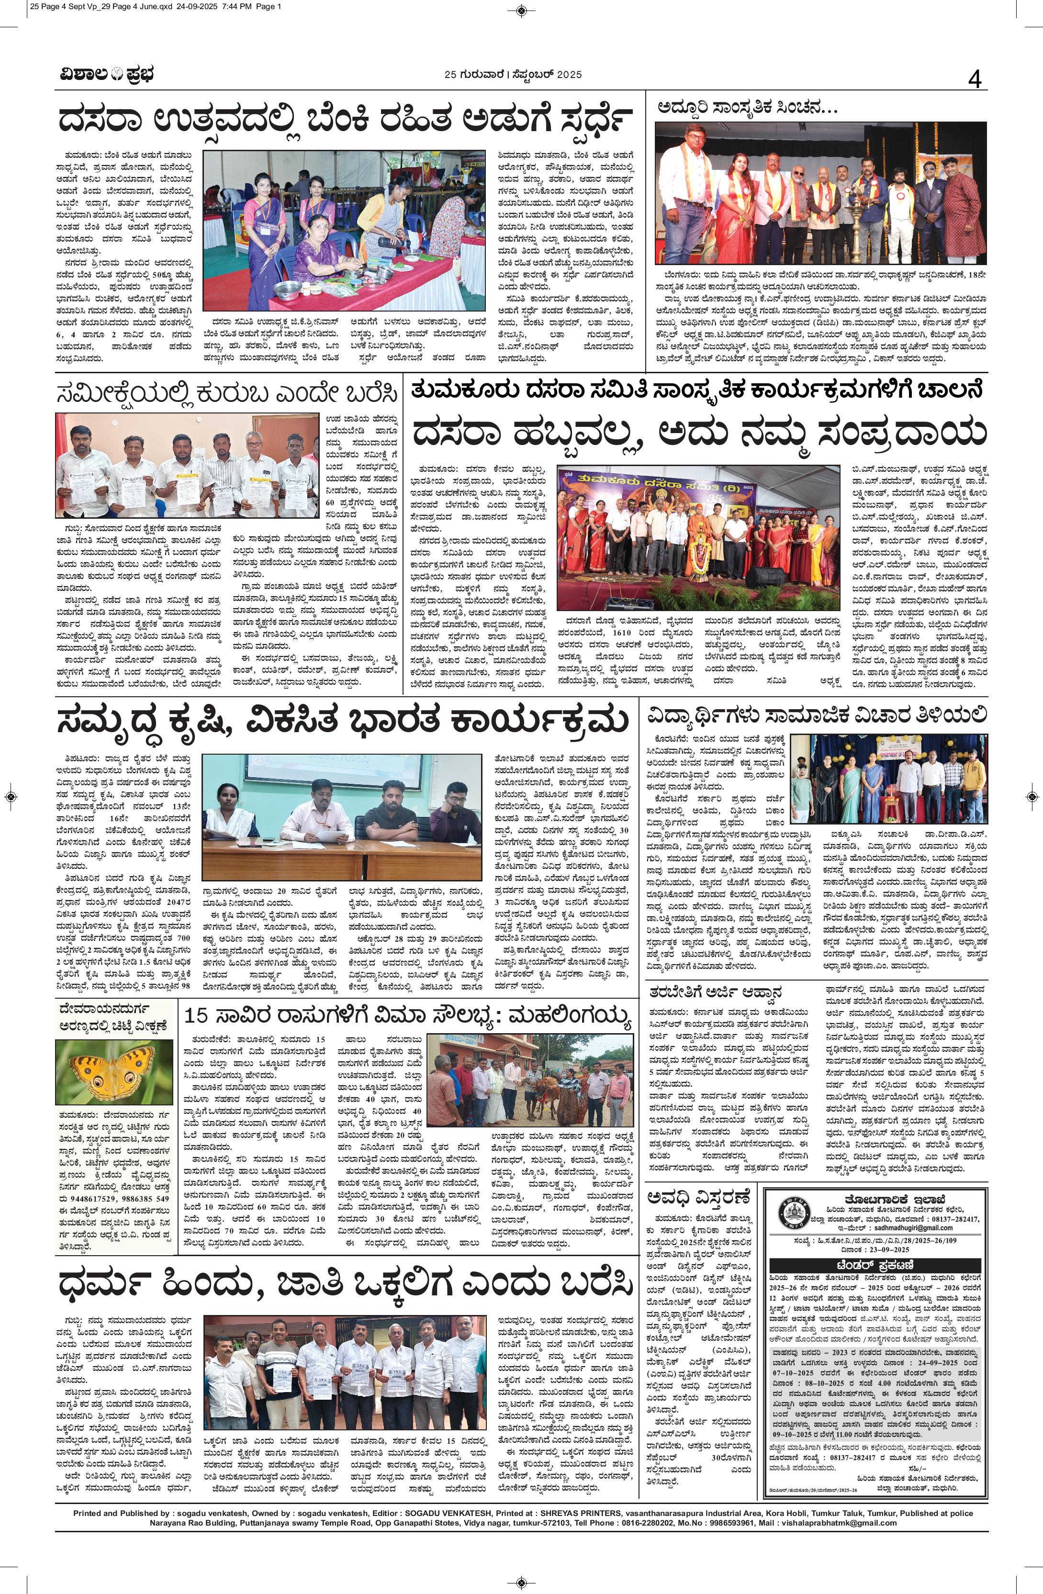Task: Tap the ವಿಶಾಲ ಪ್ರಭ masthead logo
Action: pos(104,75)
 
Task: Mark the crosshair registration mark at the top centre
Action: pos(521,10)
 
